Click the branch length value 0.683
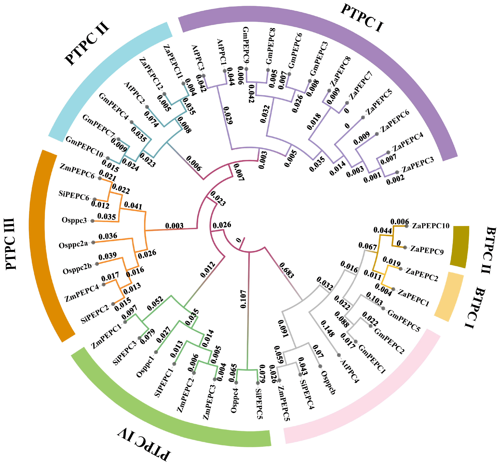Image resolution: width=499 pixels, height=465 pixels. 286,270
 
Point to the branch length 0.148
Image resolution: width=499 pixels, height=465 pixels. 328,329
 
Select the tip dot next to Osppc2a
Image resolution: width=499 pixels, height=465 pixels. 93,242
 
